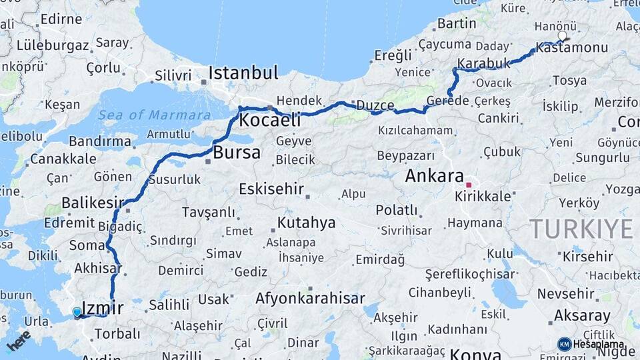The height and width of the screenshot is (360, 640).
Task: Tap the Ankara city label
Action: coord(434,177)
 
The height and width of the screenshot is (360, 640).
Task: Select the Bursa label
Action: coord(237,153)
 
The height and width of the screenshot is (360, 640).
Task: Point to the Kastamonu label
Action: coord(571,48)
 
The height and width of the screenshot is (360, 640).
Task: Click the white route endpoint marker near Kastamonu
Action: coord(562,36)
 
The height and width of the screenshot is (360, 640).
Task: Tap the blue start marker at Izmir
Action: coord(77,312)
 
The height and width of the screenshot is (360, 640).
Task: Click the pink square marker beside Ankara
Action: coord(469,185)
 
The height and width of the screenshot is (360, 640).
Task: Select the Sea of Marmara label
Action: coord(154,115)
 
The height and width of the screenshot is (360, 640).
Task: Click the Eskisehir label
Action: coord(271,189)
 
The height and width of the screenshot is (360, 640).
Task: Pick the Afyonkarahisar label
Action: coord(310,299)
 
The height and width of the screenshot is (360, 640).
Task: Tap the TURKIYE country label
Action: coord(581,229)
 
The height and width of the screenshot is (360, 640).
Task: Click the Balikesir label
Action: coord(93,202)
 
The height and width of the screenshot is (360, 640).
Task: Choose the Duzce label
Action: coord(375,105)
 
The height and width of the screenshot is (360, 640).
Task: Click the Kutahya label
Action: coord(306,223)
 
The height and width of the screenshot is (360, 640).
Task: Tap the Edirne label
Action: coord(61,19)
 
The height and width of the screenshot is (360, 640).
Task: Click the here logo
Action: coord(18,340)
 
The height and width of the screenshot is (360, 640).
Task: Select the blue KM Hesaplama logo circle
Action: coord(564,344)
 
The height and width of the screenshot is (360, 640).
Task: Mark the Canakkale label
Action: coord(63,159)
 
